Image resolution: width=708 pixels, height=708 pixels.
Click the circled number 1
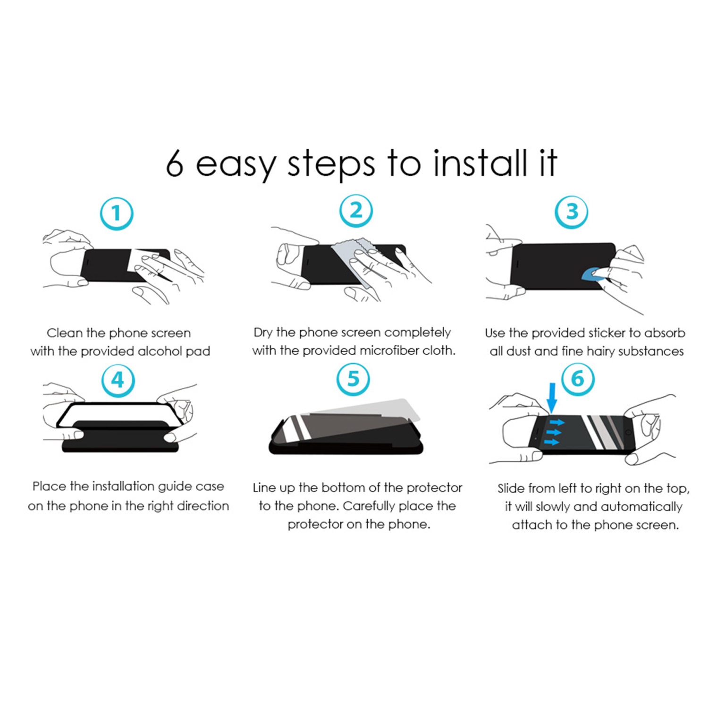(x=117, y=214)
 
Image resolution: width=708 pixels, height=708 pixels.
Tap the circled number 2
(x=356, y=211)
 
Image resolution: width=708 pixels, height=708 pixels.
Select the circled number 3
(x=571, y=212)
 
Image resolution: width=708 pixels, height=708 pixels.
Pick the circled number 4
(x=118, y=380)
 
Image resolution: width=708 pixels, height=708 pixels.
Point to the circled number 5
(x=353, y=379)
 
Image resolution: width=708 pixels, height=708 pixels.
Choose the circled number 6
(x=578, y=379)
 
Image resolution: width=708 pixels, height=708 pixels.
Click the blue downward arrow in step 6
(x=552, y=398)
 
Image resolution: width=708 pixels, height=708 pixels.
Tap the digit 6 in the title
(x=175, y=164)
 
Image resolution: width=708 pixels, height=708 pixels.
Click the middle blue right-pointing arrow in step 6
(x=552, y=432)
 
